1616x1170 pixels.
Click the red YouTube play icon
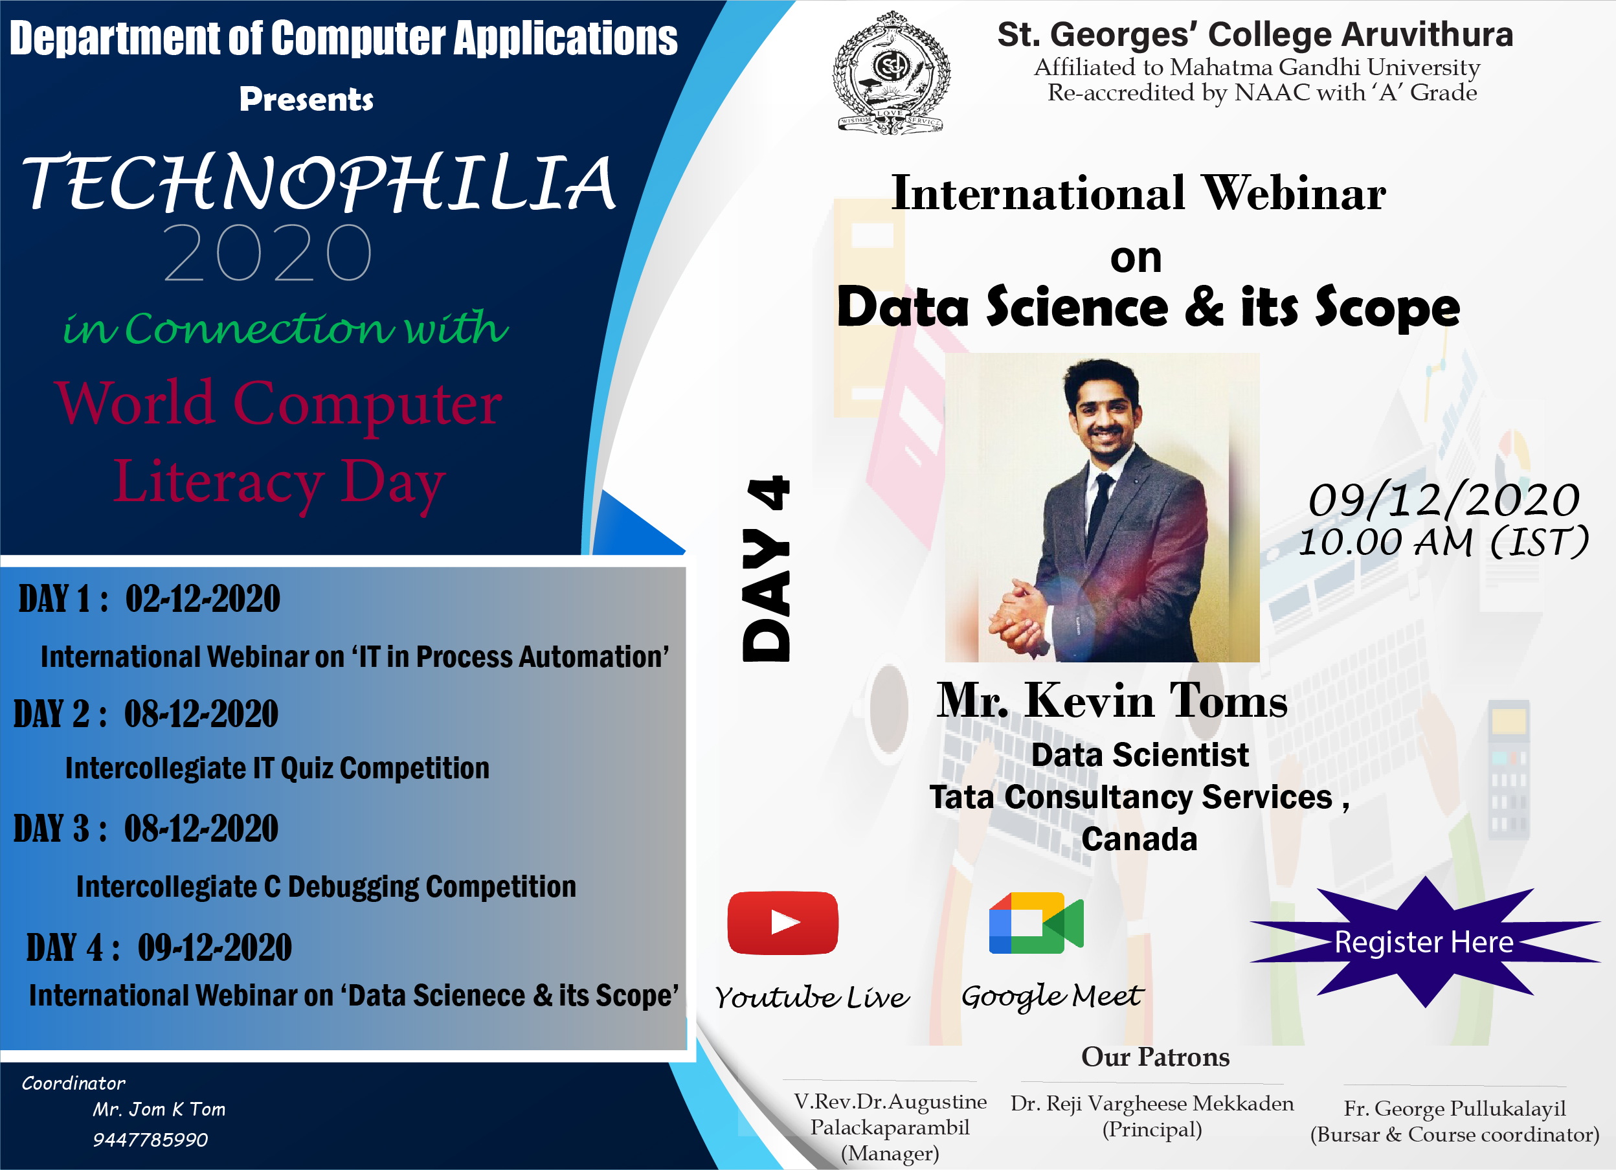(x=782, y=923)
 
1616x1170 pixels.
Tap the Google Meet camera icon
(x=1036, y=923)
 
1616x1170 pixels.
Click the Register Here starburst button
(x=1424, y=942)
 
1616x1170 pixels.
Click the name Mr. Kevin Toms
(x=1112, y=701)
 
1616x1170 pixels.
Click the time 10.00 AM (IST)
(x=1444, y=541)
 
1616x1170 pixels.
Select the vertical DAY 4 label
(x=766, y=568)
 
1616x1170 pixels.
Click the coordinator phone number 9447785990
(x=150, y=1140)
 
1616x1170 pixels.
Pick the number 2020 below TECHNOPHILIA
(x=267, y=253)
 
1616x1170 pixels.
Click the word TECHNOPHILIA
(x=320, y=184)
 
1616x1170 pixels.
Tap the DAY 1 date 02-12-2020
(x=203, y=598)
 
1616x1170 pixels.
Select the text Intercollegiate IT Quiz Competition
(x=277, y=768)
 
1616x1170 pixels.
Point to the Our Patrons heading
(x=1155, y=1057)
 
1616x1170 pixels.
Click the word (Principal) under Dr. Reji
(x=1152, y=1129)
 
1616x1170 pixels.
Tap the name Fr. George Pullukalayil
(x=1455, y=1108)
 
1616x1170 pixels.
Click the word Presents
(x=306, y=99)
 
